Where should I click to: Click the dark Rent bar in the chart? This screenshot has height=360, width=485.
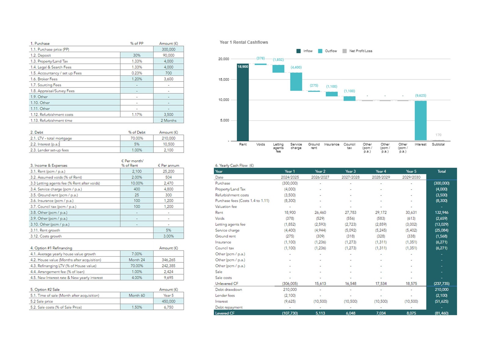pyautogui.click(x=243, y=102)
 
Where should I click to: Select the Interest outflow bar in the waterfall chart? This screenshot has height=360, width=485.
pyautogui.click(x=421, y=120)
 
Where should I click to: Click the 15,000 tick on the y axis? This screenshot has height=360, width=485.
pyautogui.click(x=224, y=79)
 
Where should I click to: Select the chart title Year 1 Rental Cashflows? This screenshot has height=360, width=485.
pyautogui.click(x=244, y=42)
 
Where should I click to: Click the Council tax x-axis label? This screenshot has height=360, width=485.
pyautogui.click(x=349, y=146)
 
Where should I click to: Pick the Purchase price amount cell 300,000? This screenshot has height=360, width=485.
pyautogui.click(x=168, y=49)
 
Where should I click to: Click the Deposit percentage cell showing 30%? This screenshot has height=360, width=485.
pyautogui.click(x=137, y=55)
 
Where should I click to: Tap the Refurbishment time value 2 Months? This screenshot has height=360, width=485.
pyautogui.click(x=168, y=120)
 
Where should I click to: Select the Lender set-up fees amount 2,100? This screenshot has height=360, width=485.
pyautogui.click(x=168, y=150)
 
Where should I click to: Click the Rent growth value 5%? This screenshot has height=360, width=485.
pyautogui.click(x=168, y=230)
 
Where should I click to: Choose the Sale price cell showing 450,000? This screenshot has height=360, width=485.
pyautogui.click(x=168, y=301)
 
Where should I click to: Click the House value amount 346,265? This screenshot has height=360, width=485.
pyautogui.click(x=168, y=260)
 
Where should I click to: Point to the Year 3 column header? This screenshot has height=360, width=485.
pyautogui.click(x=350, y=171)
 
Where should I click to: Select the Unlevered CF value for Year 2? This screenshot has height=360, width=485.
pyautogui.click(x=320, y=283)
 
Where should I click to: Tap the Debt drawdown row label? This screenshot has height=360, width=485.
pyautogui.click(x=228, y=289)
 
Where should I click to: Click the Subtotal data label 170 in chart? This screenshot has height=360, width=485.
pyautogui.click(x=438, y=135)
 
